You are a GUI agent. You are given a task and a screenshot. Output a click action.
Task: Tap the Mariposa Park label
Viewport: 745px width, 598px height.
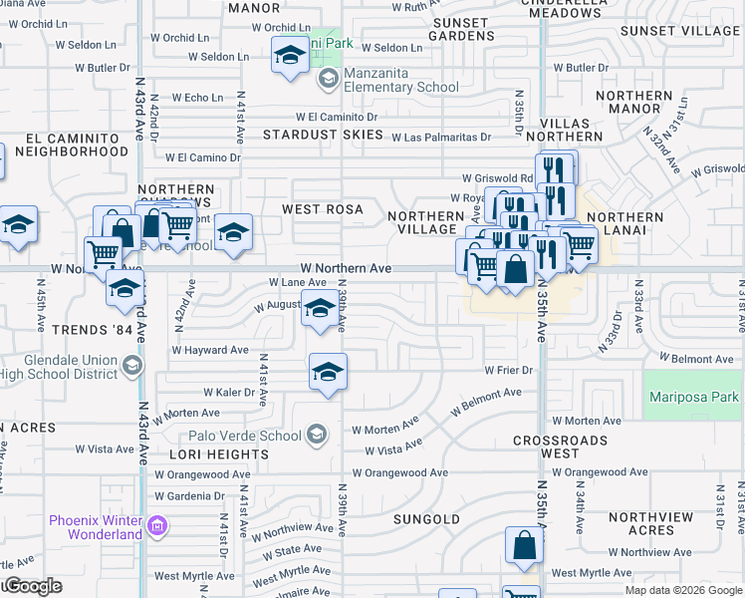[x=688, y=397]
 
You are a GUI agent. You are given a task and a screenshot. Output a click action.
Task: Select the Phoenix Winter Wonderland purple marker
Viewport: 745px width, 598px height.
[x=156, y=525]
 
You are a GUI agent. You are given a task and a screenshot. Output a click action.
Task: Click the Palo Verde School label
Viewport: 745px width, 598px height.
[x=245, y=436]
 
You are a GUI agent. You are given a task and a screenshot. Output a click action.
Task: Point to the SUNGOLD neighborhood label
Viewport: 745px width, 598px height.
[x=426, y=519]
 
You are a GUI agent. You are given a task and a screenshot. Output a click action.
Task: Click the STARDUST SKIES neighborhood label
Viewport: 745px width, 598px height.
[x=323, y=134]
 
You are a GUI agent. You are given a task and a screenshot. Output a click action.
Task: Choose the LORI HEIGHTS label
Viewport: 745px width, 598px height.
[x=225, y=453]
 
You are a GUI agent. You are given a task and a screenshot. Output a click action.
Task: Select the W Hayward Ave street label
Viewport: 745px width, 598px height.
[x=210, y=350]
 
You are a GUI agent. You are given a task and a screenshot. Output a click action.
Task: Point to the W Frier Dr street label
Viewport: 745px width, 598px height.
[x=510, y=370]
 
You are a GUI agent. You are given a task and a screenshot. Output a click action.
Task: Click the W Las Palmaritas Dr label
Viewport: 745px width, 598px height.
[x=441, y=138]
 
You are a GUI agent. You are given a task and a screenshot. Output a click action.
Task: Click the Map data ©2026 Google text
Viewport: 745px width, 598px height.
[x=684, y=590]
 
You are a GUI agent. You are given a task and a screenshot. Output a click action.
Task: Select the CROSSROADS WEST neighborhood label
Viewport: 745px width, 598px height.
[x=561, y=447]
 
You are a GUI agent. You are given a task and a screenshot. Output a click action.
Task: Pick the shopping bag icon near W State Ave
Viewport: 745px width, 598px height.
[x=524, y=547]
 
